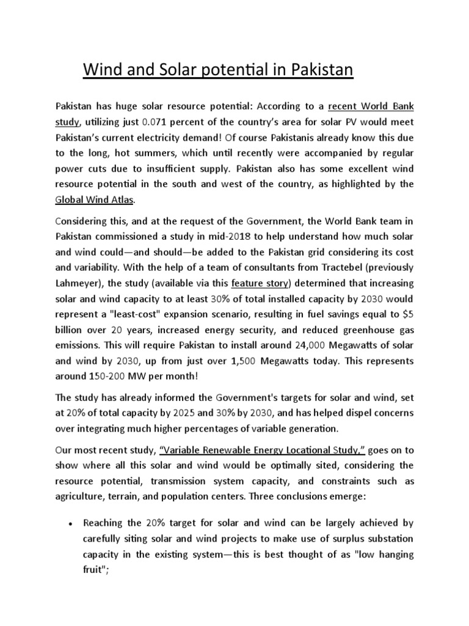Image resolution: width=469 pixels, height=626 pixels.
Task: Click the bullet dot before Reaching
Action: [x=71, y=524]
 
